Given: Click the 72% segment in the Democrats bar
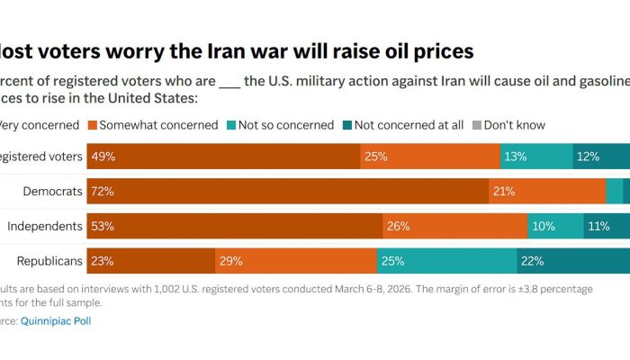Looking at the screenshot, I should coord(288,191).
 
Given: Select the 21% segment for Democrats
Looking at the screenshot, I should coord(547,191).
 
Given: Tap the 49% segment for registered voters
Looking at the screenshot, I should coord(224,157).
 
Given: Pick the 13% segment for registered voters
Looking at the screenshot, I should coord(536,157).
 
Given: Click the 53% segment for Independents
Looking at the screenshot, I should coord(235,226).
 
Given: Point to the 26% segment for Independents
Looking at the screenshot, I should coord(454,226).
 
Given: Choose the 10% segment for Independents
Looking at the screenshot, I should coord(555,226).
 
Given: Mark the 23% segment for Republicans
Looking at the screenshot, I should coord(151,261).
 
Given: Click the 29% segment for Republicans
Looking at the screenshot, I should coord(295,261).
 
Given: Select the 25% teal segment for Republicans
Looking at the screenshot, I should coord(446,261).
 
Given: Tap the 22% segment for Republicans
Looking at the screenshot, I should coord(572,261).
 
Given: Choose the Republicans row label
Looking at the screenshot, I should coord(49,261).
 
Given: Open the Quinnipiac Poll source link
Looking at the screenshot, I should coord(56,320).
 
